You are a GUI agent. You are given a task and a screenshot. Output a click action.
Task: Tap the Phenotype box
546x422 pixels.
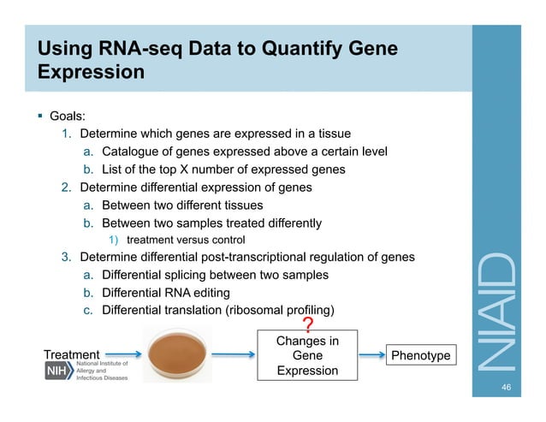tap(420, 355)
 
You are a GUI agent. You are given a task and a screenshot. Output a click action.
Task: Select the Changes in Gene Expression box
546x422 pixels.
tap(307, 356)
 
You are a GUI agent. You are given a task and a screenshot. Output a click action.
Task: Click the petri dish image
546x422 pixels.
tap(176, 354)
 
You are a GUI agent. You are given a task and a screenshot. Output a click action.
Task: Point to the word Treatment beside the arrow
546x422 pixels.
tap(71, 354)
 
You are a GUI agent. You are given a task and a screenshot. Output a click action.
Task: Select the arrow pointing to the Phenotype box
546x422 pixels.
tap(370, 355)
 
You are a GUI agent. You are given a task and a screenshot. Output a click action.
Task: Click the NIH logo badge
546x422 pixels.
tap(60, 374)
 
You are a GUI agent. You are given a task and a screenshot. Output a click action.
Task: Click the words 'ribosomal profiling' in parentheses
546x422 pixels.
tap(279, 309)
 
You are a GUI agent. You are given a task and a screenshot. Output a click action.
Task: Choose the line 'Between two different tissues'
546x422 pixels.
tap(182, 205)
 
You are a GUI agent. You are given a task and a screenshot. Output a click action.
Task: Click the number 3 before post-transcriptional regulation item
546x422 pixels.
tap(65, 257)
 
